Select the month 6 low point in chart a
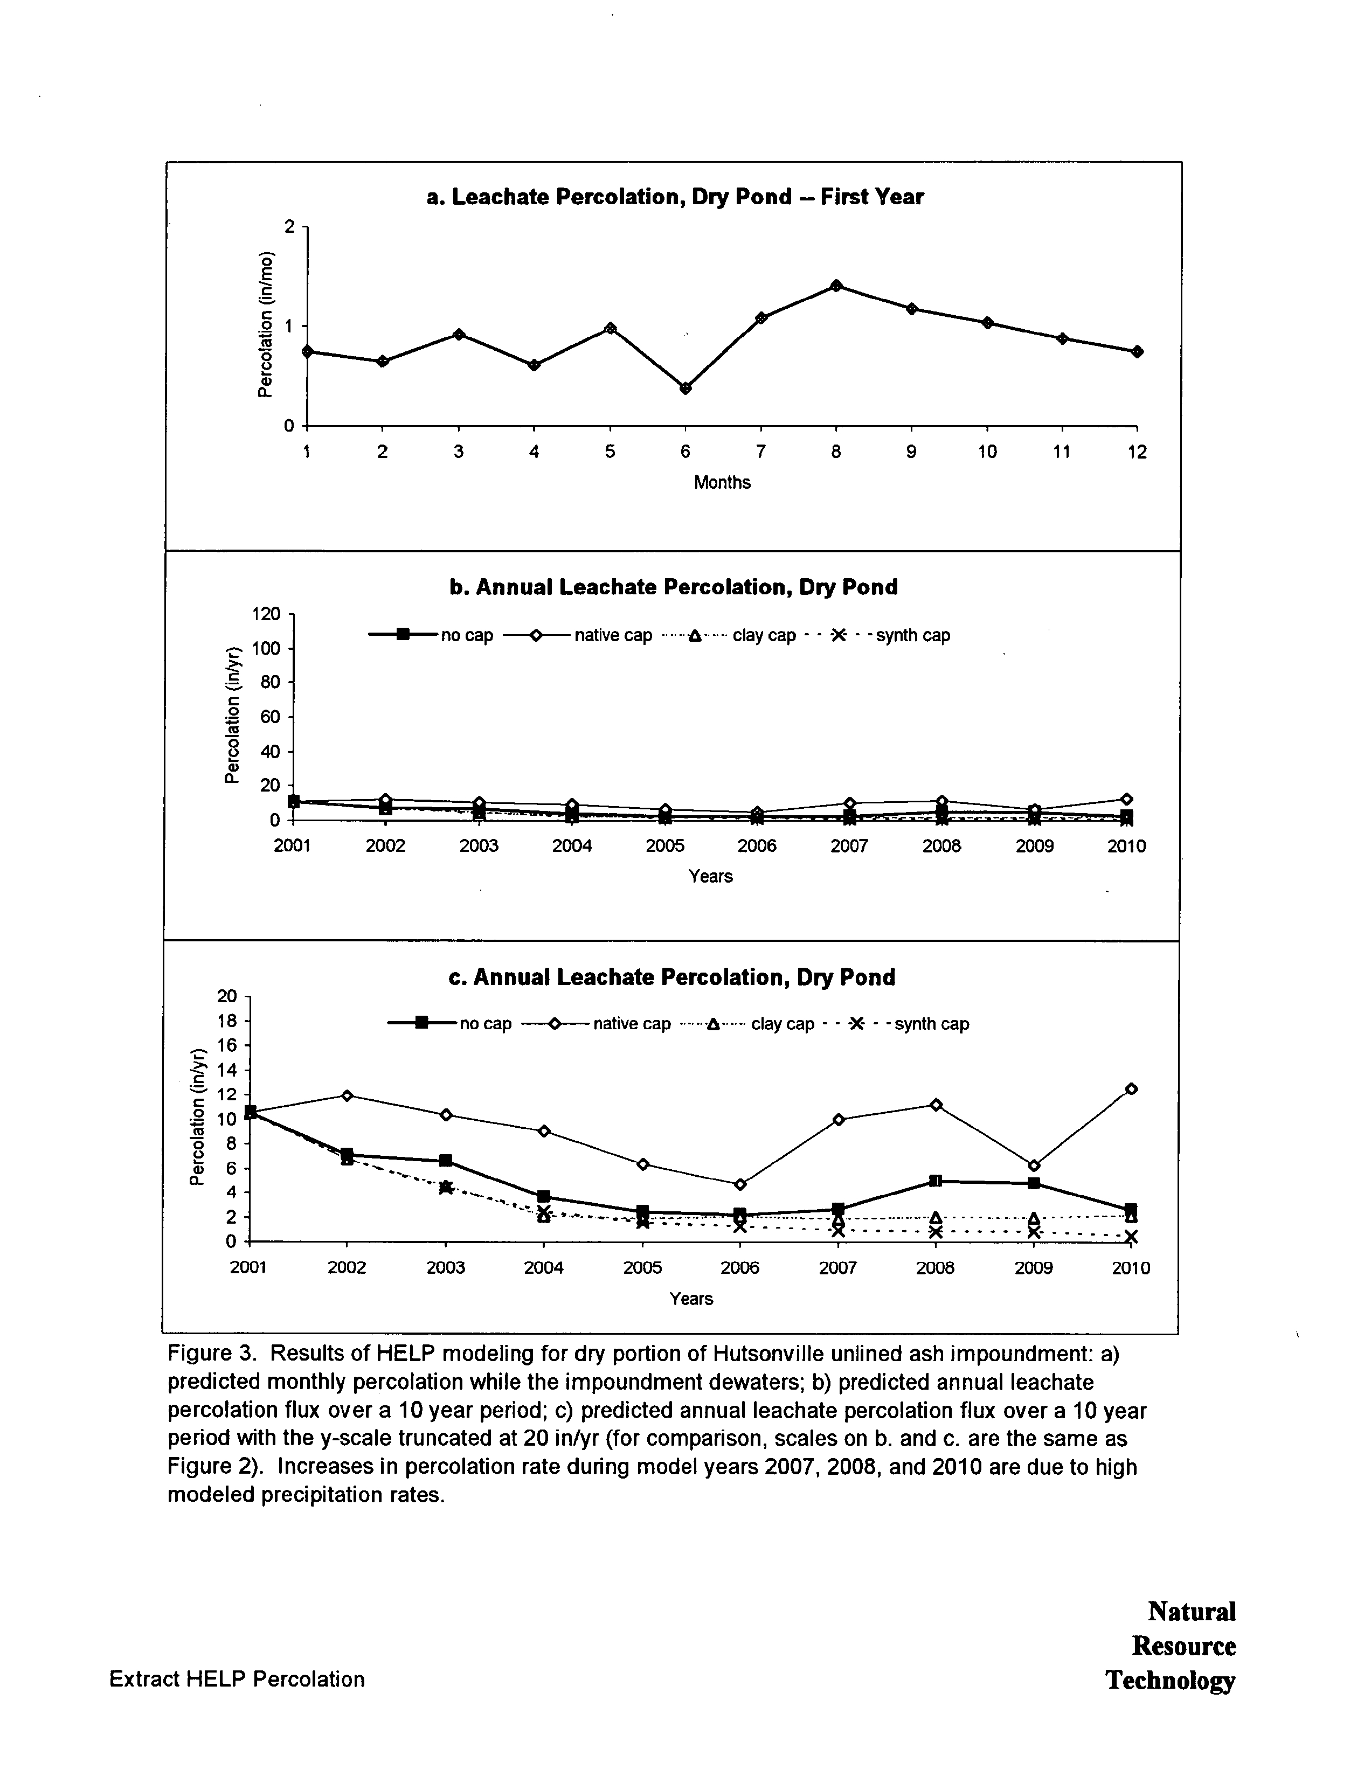pyautogui.click(x=685, y=388)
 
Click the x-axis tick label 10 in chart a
pyautogui.click(x=986, y=452)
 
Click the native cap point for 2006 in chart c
pyautogui.click(x=740, y=1184)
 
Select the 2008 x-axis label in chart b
pyautogui.click(x=941, y=847)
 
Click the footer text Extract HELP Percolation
pyautogui.click(x=237, y=1679)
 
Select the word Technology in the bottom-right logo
pyautogui.click(x=1169, y=1680)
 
